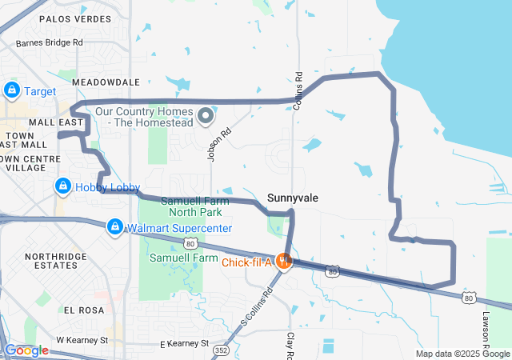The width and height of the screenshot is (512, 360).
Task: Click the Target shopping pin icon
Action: (x=12, y=90)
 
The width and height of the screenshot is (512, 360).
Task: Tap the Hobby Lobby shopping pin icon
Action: (x=62, y=186)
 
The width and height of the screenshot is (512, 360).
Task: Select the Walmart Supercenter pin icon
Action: (x=115, y=228)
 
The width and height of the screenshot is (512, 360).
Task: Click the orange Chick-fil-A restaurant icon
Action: (x=282, y=260)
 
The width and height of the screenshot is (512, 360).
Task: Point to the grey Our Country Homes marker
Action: (x=206, y=117)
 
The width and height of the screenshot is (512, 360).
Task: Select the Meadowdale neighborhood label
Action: (x=106, y=82)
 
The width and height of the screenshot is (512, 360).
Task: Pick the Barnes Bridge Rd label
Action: (x=49, y=42)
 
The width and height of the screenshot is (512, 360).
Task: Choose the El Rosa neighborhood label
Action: (x=80, y=310)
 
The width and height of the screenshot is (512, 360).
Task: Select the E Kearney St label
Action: (x=183, y=344)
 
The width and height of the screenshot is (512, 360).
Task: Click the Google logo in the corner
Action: (x=26, y=350)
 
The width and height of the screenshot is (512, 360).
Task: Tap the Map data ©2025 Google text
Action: (x=461, y=354)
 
